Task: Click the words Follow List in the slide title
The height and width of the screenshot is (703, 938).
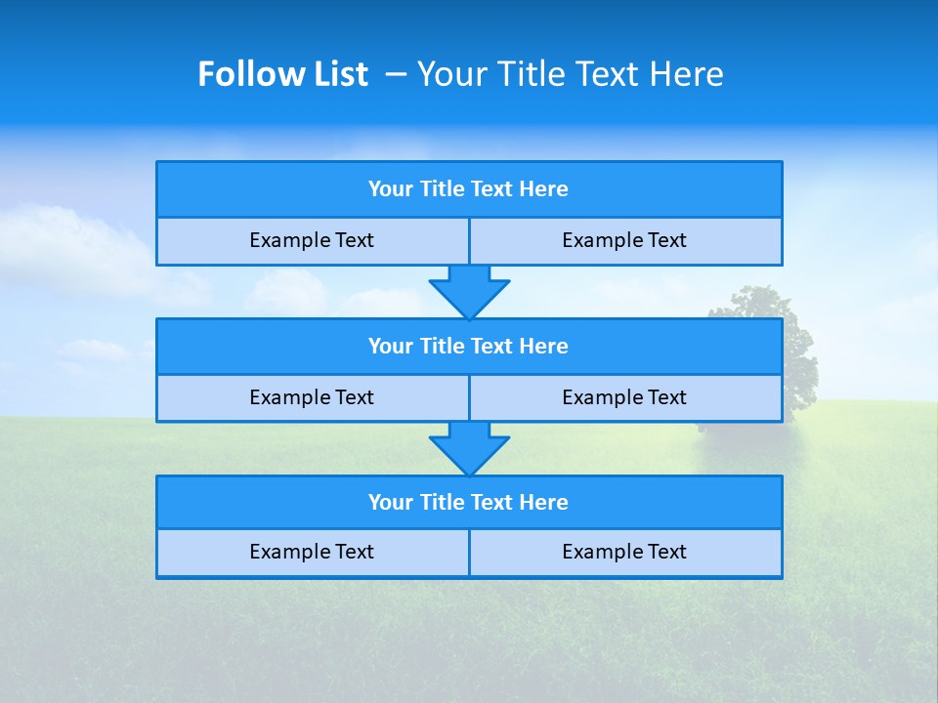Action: [282, 74]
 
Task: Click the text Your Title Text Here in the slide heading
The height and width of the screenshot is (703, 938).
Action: [571, 74]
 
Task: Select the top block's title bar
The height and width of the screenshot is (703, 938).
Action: [469, 189]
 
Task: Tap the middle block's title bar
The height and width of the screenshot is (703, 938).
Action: [469, 347]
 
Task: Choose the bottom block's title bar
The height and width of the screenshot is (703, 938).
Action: [469, 503]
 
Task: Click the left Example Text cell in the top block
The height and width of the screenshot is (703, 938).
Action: [312, 240]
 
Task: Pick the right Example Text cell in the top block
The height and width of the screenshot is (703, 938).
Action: [624, 240]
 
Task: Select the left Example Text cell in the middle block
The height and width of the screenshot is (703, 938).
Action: [312, 397]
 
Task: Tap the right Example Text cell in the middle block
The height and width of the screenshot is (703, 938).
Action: [624, 397]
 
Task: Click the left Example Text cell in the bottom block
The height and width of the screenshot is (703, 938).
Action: [312, 552]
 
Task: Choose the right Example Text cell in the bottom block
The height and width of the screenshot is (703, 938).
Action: [624, 552]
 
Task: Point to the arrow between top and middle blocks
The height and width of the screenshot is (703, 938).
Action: [469, 292]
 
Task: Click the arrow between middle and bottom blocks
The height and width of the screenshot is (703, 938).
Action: [469, 448]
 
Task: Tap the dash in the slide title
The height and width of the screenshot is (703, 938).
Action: [396, 74]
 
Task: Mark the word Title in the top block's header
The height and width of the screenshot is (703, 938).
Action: [442, 189]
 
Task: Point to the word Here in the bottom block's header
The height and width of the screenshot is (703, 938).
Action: [544, 503]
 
